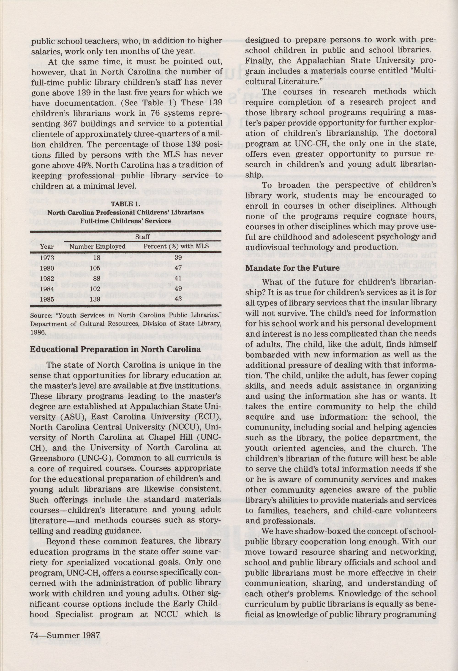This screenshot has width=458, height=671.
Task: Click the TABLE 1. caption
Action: click(x=126, y=204)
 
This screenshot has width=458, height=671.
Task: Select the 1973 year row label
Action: click(x=47, y=258)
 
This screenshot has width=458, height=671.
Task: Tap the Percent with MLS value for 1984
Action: click(x=178, y=288)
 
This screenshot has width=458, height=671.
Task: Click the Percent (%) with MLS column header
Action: click(x=176, y=247)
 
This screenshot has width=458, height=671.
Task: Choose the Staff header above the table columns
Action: click(x=143, y=237)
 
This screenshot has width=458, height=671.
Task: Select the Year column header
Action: click(x=47, y=247)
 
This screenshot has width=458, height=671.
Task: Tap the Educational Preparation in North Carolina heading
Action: click(x=115, y=349)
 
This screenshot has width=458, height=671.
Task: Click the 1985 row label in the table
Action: click(x=47, y=299)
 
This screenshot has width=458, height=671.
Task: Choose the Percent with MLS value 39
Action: click(x=178, y=258)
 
